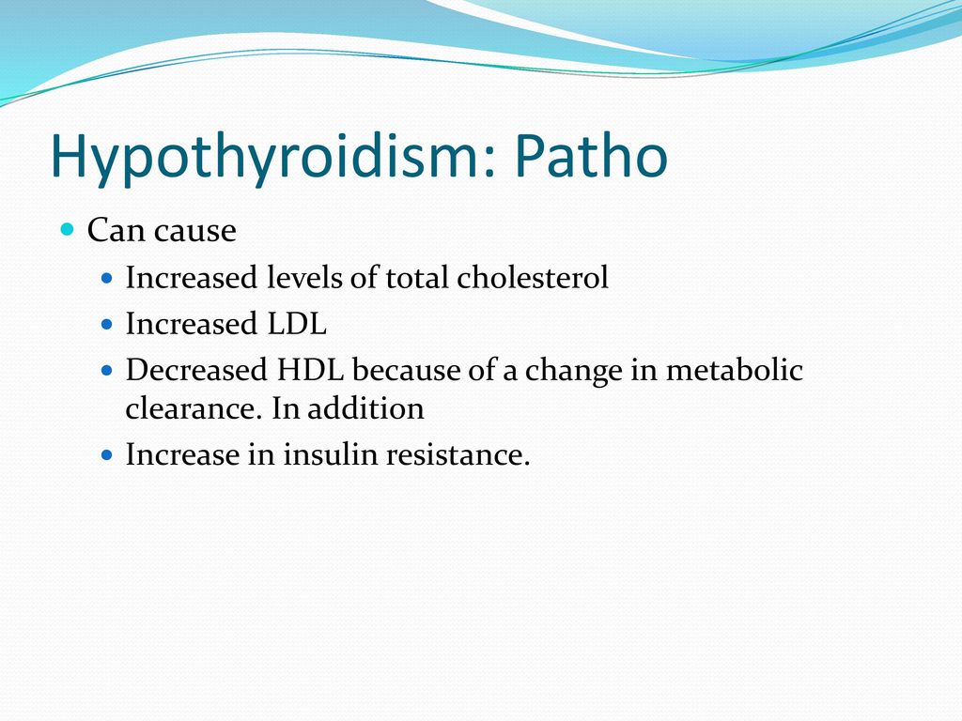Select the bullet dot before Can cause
tap(68, 230)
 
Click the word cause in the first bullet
tap(195, 231)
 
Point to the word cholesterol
tap(533, 277)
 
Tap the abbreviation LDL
tap(297, 324)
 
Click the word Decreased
tap(196, 370)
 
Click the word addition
tap(365, 408)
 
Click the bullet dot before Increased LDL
tap(107, 324)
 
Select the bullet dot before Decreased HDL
tap(107, 370)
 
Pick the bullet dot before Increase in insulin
tap(107, 455)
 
